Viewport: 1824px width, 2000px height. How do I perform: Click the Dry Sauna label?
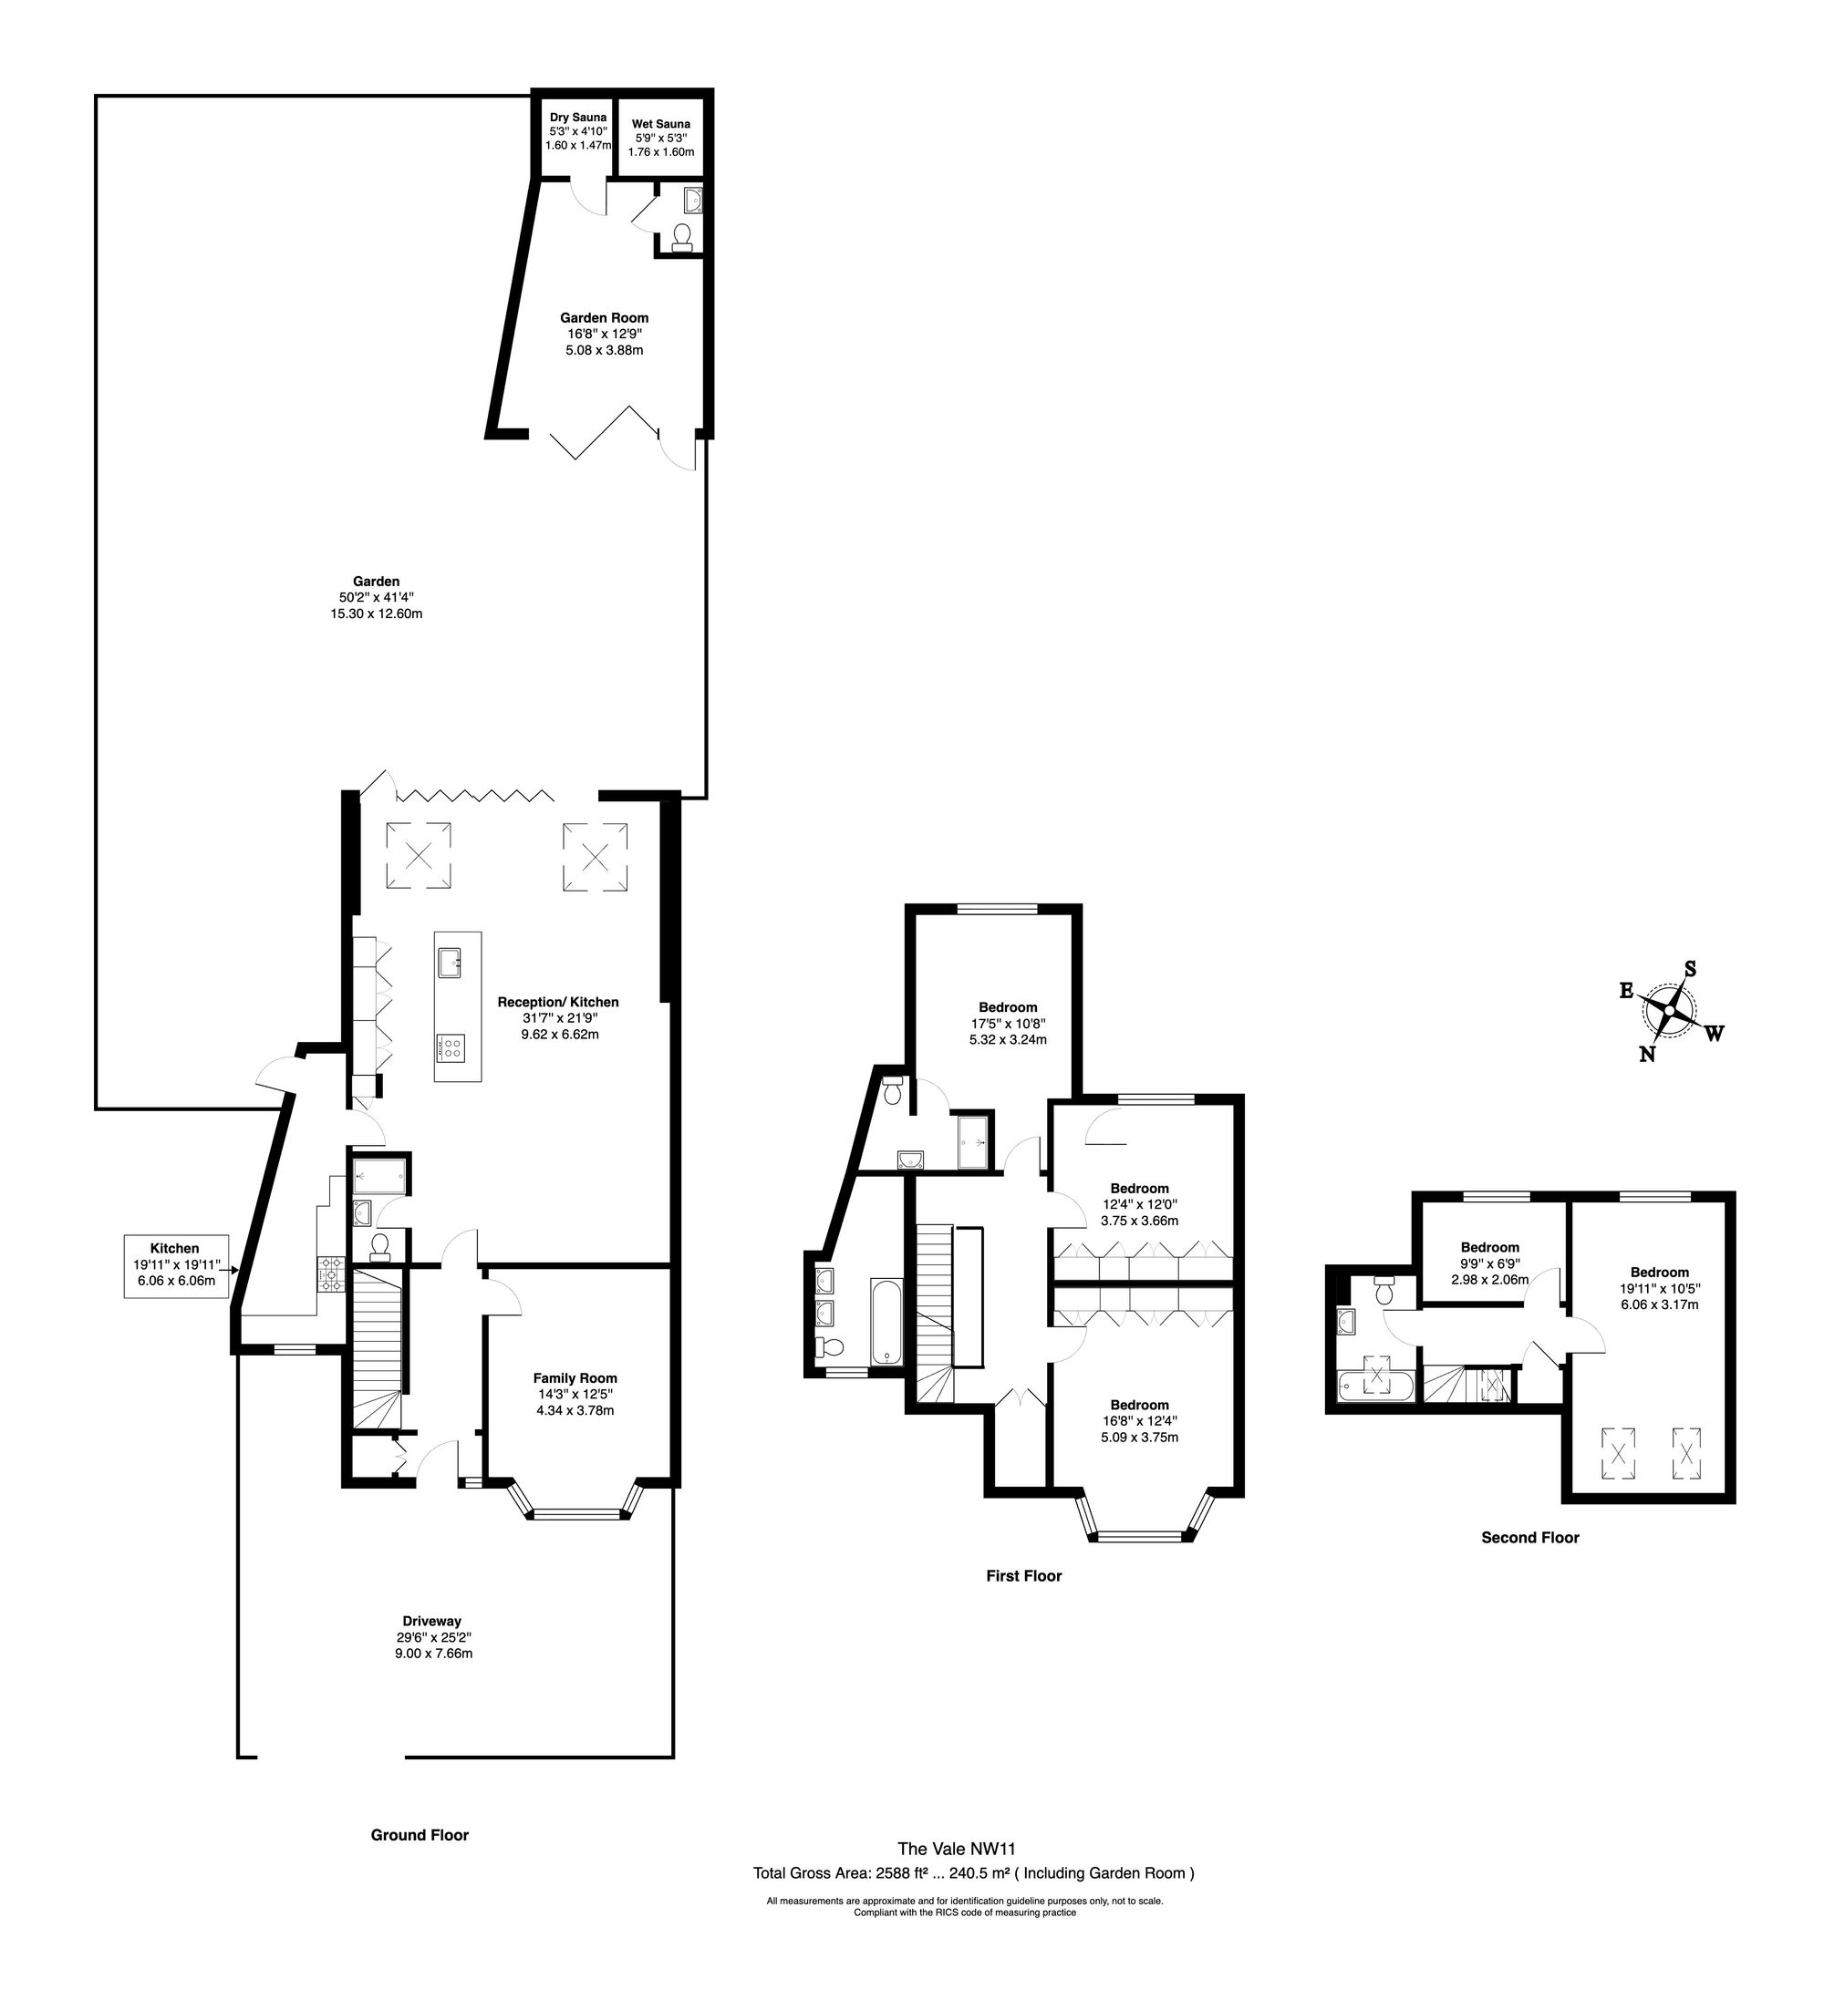pos(577,117)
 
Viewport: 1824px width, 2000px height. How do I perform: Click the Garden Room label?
pos(605,318)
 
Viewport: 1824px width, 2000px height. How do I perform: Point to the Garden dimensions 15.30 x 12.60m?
pos(376,614)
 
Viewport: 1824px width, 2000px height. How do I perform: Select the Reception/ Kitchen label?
pos(558,1003)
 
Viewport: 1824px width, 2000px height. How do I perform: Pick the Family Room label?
pos(575,1378)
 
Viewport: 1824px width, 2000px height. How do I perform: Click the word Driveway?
pos(431,1622)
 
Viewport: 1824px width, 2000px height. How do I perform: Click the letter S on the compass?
pos(1691,968)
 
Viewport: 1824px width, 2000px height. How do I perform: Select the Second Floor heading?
pos(1530,1538)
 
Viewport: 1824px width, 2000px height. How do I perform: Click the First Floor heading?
pos(1023,1575)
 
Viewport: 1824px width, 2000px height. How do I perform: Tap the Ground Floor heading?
pos(420,1835)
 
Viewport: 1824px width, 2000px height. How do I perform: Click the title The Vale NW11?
pos(957,1848)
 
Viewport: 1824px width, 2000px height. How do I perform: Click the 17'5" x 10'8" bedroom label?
pos(1009,1024)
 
